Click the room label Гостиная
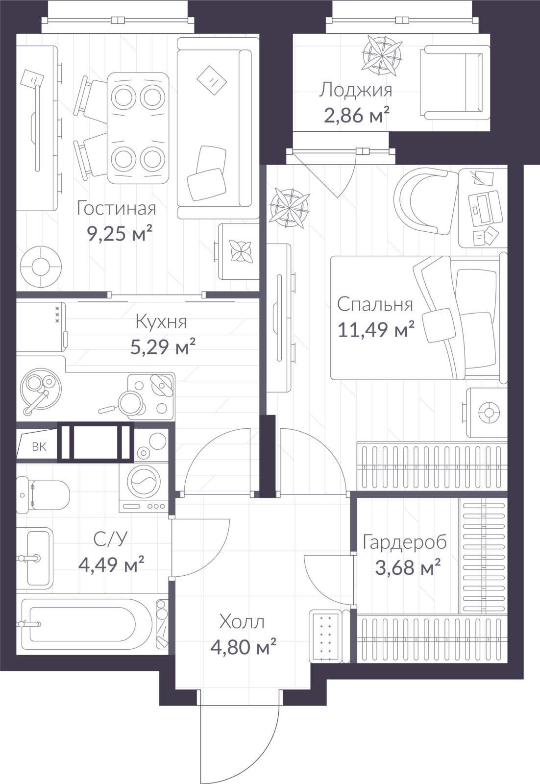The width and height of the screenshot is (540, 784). [116, 208]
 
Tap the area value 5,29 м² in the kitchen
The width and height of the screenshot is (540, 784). [163, 346]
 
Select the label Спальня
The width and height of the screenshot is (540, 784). [375, 304]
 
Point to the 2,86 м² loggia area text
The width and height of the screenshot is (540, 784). [357, 115]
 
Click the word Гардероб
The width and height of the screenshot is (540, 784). [405, 542]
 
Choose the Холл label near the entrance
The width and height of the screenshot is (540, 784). [242, 622]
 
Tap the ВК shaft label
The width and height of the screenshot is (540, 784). [39, 447]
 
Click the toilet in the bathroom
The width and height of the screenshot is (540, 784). [43, 495]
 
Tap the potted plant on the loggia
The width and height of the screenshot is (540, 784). [381, 55]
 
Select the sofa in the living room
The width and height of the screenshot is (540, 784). [214, 127]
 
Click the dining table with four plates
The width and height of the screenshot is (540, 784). [138, 128]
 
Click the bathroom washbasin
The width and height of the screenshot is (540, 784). [35, 557]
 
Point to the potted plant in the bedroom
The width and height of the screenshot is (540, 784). [290, 209]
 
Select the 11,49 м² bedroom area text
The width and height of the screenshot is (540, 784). [376, 330]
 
